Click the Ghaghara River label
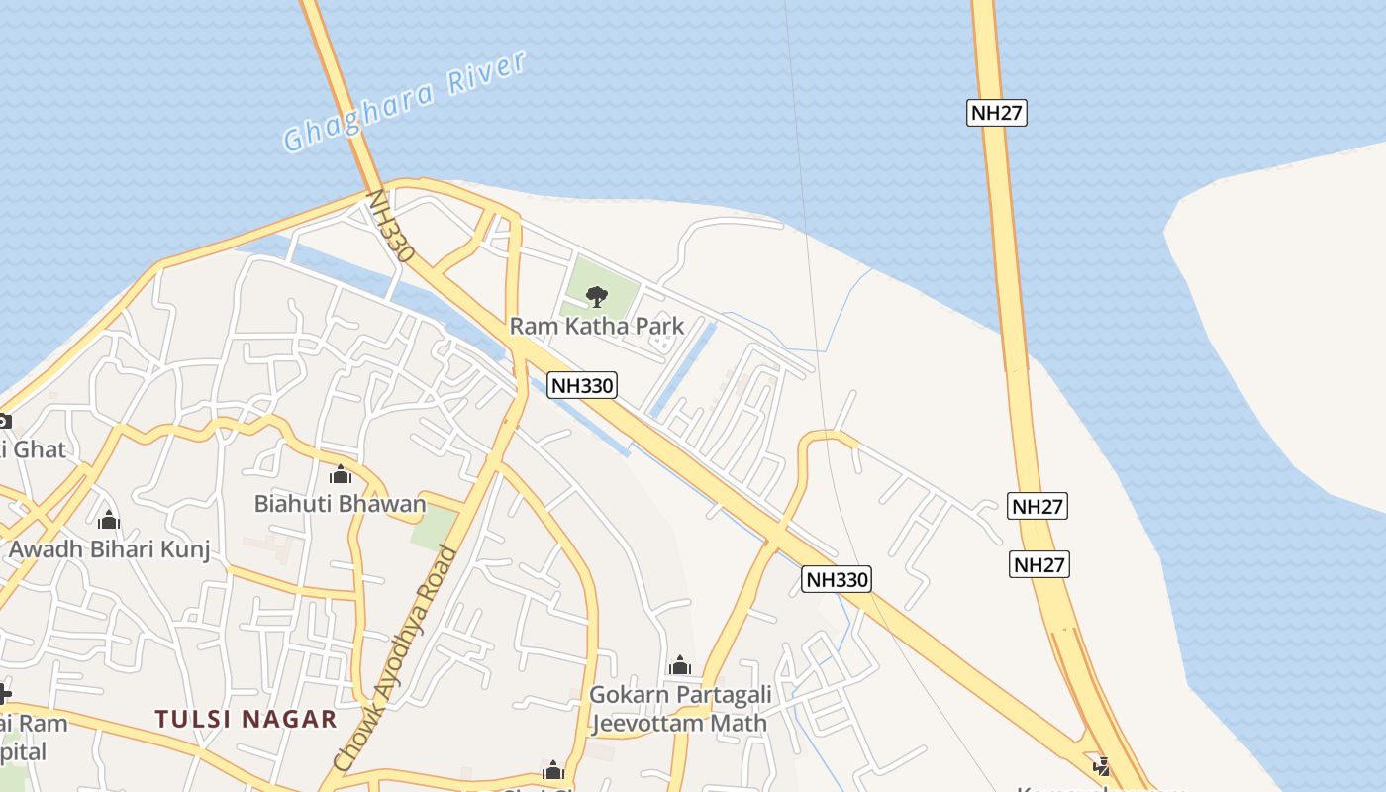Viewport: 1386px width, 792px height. pyautogui.click(x=404, y=102)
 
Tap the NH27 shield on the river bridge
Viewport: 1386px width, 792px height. pyautogui.click(x=996, y=112)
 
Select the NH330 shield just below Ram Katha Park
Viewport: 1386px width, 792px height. pyautogui.click(x=582, y=385)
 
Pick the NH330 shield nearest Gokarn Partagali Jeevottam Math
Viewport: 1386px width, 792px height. pyautogui.click(x=836, y=579)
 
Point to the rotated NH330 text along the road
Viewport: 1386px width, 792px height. pyautogui.click(x=389, y=226)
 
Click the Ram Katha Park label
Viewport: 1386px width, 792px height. pyautogui.click(x=596, y=326)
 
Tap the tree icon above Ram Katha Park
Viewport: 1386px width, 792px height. pyautogui.click(x=596, y=296)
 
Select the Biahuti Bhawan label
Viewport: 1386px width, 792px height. pyautogui.click(x=340, y=503)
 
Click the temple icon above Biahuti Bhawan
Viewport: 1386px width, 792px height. pyautogui.click(x=340, y=475)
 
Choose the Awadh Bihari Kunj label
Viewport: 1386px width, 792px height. pyautogui.click(x=109, y=548)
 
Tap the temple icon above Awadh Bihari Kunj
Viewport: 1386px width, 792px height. pyautogui.click(x=109, y=520)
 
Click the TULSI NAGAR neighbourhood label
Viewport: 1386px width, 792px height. pyautogui.click(x=246, y=719)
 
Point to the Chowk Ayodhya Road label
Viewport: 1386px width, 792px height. pyautogui.click(x=395, y=658)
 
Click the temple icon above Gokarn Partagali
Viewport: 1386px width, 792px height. pyautogui.click(x=679, y=666)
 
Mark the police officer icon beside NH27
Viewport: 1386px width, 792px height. pyautogui.click(x=1101, y=765)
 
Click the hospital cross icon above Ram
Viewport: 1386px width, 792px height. pyautogui.click(x=4, y=693)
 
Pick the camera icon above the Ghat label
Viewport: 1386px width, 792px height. pyautogui.click(x=3, y=421)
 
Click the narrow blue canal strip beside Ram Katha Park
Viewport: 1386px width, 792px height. pyautogui.click(x=682, y=367)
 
